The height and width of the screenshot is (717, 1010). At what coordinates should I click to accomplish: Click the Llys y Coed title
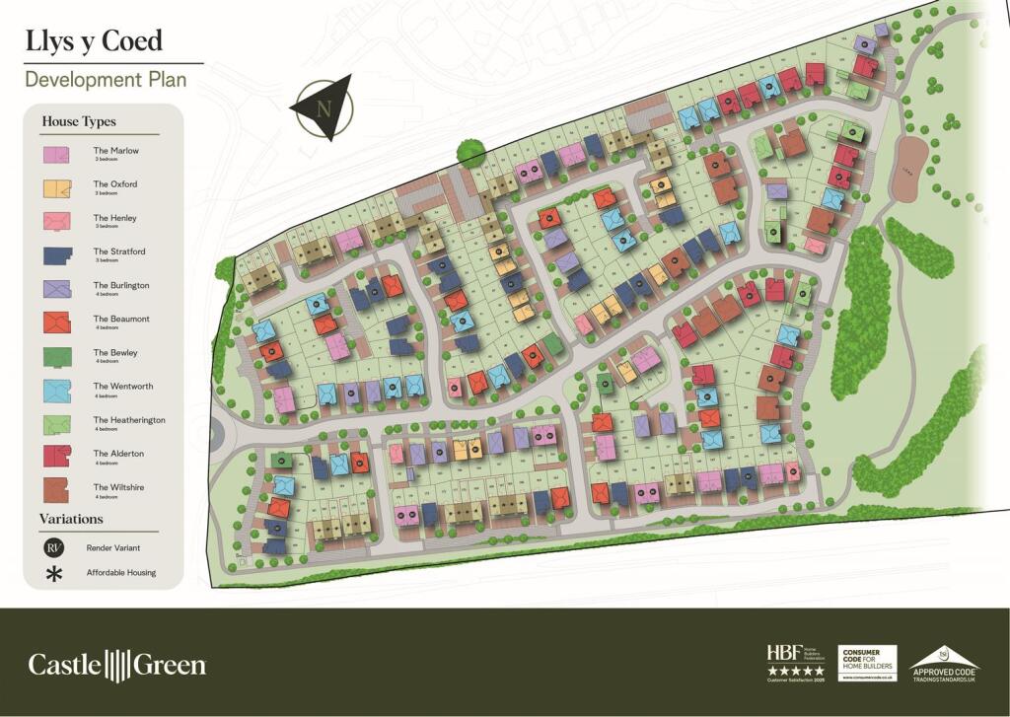point(95,41)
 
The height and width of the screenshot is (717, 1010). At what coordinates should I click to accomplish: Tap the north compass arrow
point(323,105)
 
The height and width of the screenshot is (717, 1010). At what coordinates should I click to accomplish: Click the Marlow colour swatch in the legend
point(56,154)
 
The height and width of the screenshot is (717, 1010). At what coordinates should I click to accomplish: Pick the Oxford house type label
point(115,184)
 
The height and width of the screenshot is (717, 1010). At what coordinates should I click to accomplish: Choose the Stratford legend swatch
point(56,254)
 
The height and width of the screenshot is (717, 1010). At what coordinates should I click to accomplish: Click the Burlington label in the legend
point(121,285)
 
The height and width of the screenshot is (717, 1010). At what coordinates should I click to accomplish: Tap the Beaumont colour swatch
point(56,322)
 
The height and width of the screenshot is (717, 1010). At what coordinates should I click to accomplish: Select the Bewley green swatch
point(56,356)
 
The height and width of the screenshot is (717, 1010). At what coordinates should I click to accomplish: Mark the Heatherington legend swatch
point(56,423)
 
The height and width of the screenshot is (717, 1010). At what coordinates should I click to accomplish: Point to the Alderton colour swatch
point(56,457)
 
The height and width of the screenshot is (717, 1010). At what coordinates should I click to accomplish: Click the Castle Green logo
point(116,664)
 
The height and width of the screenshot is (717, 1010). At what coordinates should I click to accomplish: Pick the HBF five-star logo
point(795,662)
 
